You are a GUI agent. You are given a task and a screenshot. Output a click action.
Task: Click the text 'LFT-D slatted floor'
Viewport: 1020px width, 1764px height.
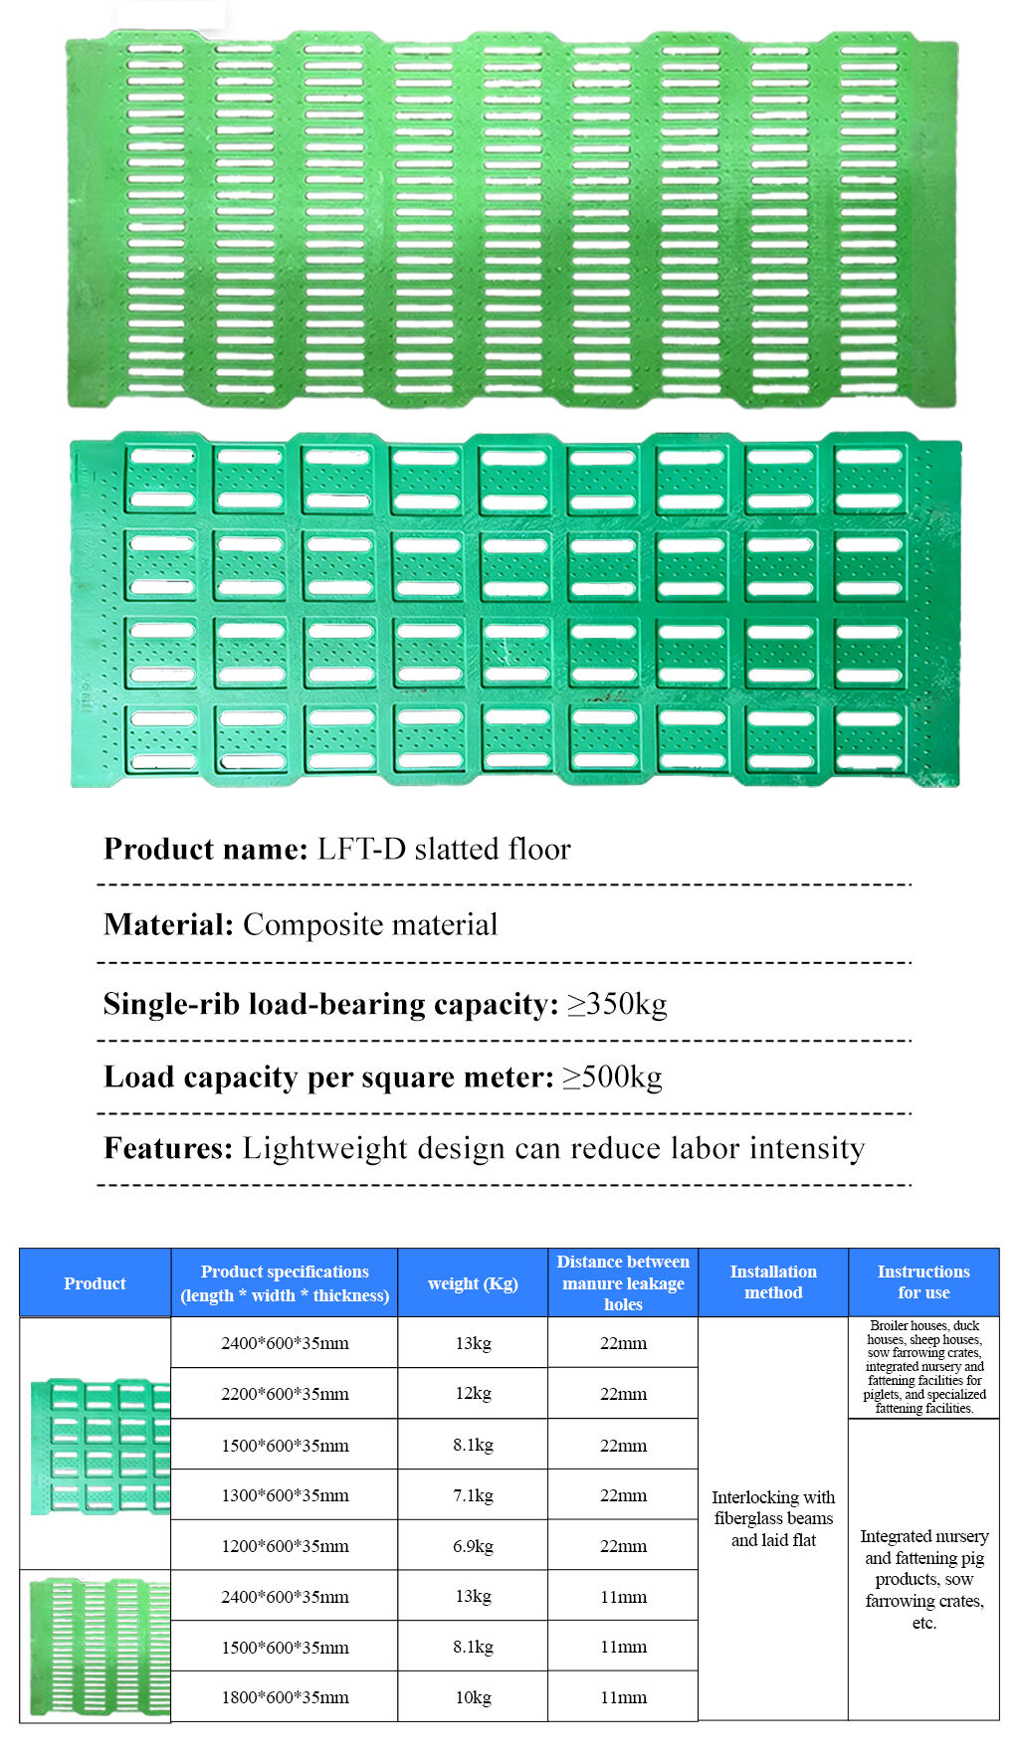pyautogui.click(x=444, y=849)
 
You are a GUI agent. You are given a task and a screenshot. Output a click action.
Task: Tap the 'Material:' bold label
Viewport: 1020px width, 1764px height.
pyautogui.click(x=168, y=924)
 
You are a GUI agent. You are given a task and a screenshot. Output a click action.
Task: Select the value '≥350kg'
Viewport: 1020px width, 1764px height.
pyautogui.click(x=617, y=1004)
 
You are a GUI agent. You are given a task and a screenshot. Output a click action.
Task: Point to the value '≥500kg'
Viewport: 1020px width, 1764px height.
pyautogui.click(x=612, y=1077)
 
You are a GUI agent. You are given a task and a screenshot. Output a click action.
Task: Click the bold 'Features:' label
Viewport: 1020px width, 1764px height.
pyautogui.click(x=168, y=1148)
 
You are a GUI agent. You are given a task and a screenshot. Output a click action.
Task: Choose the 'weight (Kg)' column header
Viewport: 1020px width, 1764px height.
pyautogui.click(x=473, y=1283)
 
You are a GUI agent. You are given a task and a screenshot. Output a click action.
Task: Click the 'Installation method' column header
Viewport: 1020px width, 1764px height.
pyautogui.click(x=773, y=1282)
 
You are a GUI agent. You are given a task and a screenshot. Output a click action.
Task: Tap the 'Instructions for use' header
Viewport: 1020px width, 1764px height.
pyautogui.click(x=923, y=1282)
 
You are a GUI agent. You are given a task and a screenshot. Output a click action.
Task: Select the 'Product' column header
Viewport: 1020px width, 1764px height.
pyautogui.click(x=95, y=1283)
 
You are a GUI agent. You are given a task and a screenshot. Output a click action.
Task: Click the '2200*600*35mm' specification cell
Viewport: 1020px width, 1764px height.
pyautogui.click(x=285, y=1394)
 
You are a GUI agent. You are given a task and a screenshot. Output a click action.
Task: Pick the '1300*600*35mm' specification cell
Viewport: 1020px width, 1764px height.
pyautogui.click(x=285, y=1495)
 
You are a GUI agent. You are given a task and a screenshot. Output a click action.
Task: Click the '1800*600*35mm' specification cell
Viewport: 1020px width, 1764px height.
pyautogui.click(x=285, y=1697)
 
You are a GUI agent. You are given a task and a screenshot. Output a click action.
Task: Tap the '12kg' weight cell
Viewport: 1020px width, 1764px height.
pyautogui.click(x=473, y=1394)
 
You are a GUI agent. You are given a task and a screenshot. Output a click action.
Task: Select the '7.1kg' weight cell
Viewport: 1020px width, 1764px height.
pyautogui.click(x=473, y=1495)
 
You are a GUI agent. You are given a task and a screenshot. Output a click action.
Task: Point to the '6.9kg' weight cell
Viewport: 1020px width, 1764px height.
pyautogui.click(x=473, y=1546)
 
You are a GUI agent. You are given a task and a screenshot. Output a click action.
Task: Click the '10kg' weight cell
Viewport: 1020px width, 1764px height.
pyautogui.click(x=473, y=1697)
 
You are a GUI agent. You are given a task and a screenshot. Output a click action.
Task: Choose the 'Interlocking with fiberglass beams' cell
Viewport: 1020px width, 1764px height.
pyautogui.click(x=773, y=1518)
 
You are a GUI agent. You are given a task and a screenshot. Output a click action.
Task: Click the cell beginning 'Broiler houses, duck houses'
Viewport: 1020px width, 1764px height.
pyautogui.click(x=923, y=1367)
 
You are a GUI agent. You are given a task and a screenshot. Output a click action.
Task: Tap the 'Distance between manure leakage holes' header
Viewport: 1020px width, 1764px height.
pyautogui.click(x=623, y=1282)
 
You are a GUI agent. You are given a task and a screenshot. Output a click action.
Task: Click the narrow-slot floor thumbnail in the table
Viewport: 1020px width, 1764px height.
pyautogui.click(x=98, y=1646)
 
